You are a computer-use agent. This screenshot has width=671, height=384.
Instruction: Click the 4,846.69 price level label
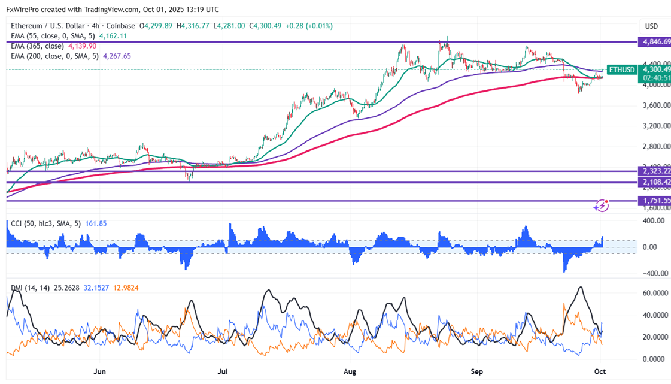(x=654, y=42)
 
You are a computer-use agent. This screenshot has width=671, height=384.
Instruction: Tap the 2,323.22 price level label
(x=654, y=171)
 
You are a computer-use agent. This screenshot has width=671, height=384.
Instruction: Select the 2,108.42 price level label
(x=654, y=182)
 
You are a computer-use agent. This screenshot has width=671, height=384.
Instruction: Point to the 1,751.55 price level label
(x=654, y=201)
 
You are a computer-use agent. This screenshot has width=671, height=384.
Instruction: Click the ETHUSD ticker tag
(x=621, y=70)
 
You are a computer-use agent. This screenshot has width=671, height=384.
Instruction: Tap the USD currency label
(x=651, y=26)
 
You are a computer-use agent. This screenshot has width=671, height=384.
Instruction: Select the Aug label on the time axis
(x=350, y=371)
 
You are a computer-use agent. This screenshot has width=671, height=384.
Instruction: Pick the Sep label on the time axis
(x=477, y=371)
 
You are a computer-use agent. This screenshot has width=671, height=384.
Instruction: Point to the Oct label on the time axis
(x=600, y=371)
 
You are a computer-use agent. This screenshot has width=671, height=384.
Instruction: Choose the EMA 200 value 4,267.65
(x=117, y=56)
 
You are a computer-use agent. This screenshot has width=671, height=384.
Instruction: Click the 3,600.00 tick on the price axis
(x=653, y=105)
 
